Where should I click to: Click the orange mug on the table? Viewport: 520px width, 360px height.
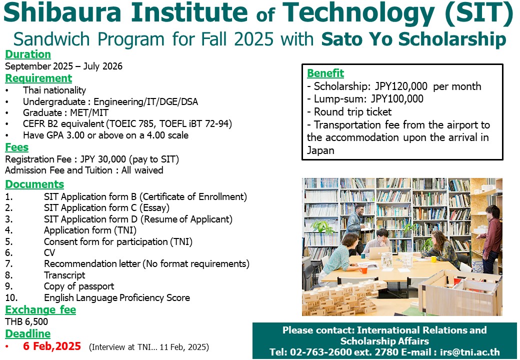pyautogui.click(x=363, y=269)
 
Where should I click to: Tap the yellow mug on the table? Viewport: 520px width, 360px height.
pyautogui.click(x=433, y=259)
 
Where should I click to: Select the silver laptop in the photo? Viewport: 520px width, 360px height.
pyautogui.click(x=378, y=252)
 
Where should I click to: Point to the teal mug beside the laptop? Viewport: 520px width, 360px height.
pyautogui.click(x=363, y=255)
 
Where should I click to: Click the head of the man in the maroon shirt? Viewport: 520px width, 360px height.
pyautogui.click(x=492, y=212)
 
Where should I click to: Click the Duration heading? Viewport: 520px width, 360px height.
pyautogui.click(x=28, y=54)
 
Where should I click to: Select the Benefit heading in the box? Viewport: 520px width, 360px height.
pyautogui.click(x=325, y=73)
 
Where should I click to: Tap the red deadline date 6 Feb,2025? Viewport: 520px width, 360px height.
pyautogui.click(x=52, y=346)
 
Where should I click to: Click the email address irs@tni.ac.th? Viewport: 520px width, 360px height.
pyautogui.click(x=469, y=352)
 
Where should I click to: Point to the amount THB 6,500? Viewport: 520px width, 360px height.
pyautogui.click(x=26, y=321)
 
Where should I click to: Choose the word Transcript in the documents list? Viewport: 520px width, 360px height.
pyautogui.click(x=64, y=275)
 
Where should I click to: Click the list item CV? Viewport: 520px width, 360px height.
pyautogui.click(x=49, y=252)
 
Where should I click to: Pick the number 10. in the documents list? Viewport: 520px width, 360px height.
pyautogui.click(x=11, y=297)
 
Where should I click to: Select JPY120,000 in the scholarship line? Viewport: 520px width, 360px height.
pyautogui.click(x=401, y=86)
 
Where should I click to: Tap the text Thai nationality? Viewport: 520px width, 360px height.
pyautogui.click(x=54, y=90)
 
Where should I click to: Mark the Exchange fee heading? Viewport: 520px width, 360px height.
pyautogui.click(x=40, y=309)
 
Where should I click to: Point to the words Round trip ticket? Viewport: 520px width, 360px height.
pyautogui.click(x=353, y=111)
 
